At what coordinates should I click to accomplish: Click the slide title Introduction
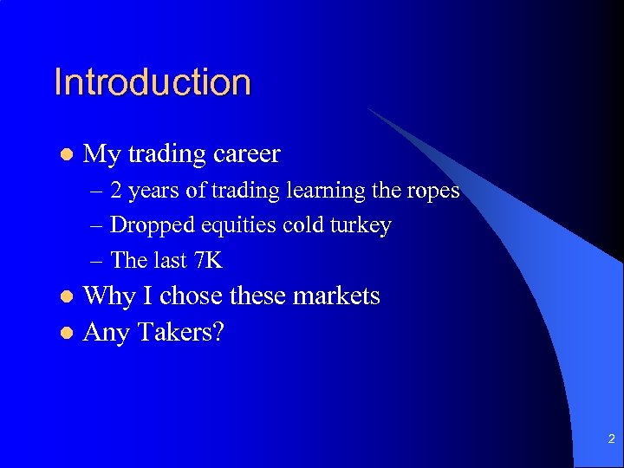coord(153,82)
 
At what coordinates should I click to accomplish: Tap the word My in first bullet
coord(101,155)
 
